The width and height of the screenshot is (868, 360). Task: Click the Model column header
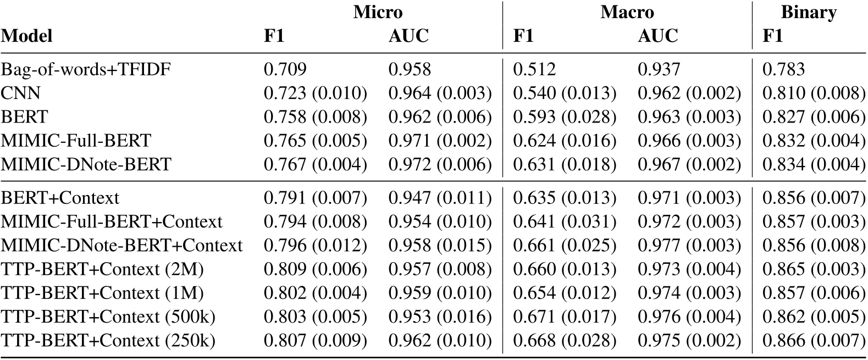click(x=27, y=36)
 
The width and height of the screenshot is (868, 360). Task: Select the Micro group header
click(x=378, y=12)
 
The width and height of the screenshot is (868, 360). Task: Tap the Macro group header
click(x=627, y=12)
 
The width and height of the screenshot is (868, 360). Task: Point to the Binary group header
click(x=809, y=12)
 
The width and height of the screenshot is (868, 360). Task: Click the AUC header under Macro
click(x=657, y=36)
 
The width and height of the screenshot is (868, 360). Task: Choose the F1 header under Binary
click(x=773, y=36)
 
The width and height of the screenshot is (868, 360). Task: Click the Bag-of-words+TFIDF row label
click(x=86, y=69)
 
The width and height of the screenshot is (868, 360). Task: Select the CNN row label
click(x=21, y=93)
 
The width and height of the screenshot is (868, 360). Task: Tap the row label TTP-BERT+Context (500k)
click(x=108, y=317)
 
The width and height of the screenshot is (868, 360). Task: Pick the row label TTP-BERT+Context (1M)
click(x=102, y=292)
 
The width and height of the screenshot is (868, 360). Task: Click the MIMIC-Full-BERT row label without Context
click(x=76, y=140)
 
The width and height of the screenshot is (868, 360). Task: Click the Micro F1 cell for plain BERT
click(x=315, y=117)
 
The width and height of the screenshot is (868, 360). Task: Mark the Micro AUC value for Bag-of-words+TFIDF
click(x=410, y=69)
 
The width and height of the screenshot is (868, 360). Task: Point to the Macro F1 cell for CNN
click(x=565, y=93)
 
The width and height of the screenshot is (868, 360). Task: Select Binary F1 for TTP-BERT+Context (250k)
click(x=814, y=340)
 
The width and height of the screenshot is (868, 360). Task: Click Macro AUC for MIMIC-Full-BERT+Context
click(x=689, y=221)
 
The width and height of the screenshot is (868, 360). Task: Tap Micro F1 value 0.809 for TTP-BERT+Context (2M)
click(x=315, y=269)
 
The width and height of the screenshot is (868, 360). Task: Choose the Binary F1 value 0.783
click(x=783, y=69)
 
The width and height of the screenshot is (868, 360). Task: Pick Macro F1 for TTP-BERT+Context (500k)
click(x=565, y=317)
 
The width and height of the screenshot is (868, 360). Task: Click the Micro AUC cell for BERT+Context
click(x=440, y=197)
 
